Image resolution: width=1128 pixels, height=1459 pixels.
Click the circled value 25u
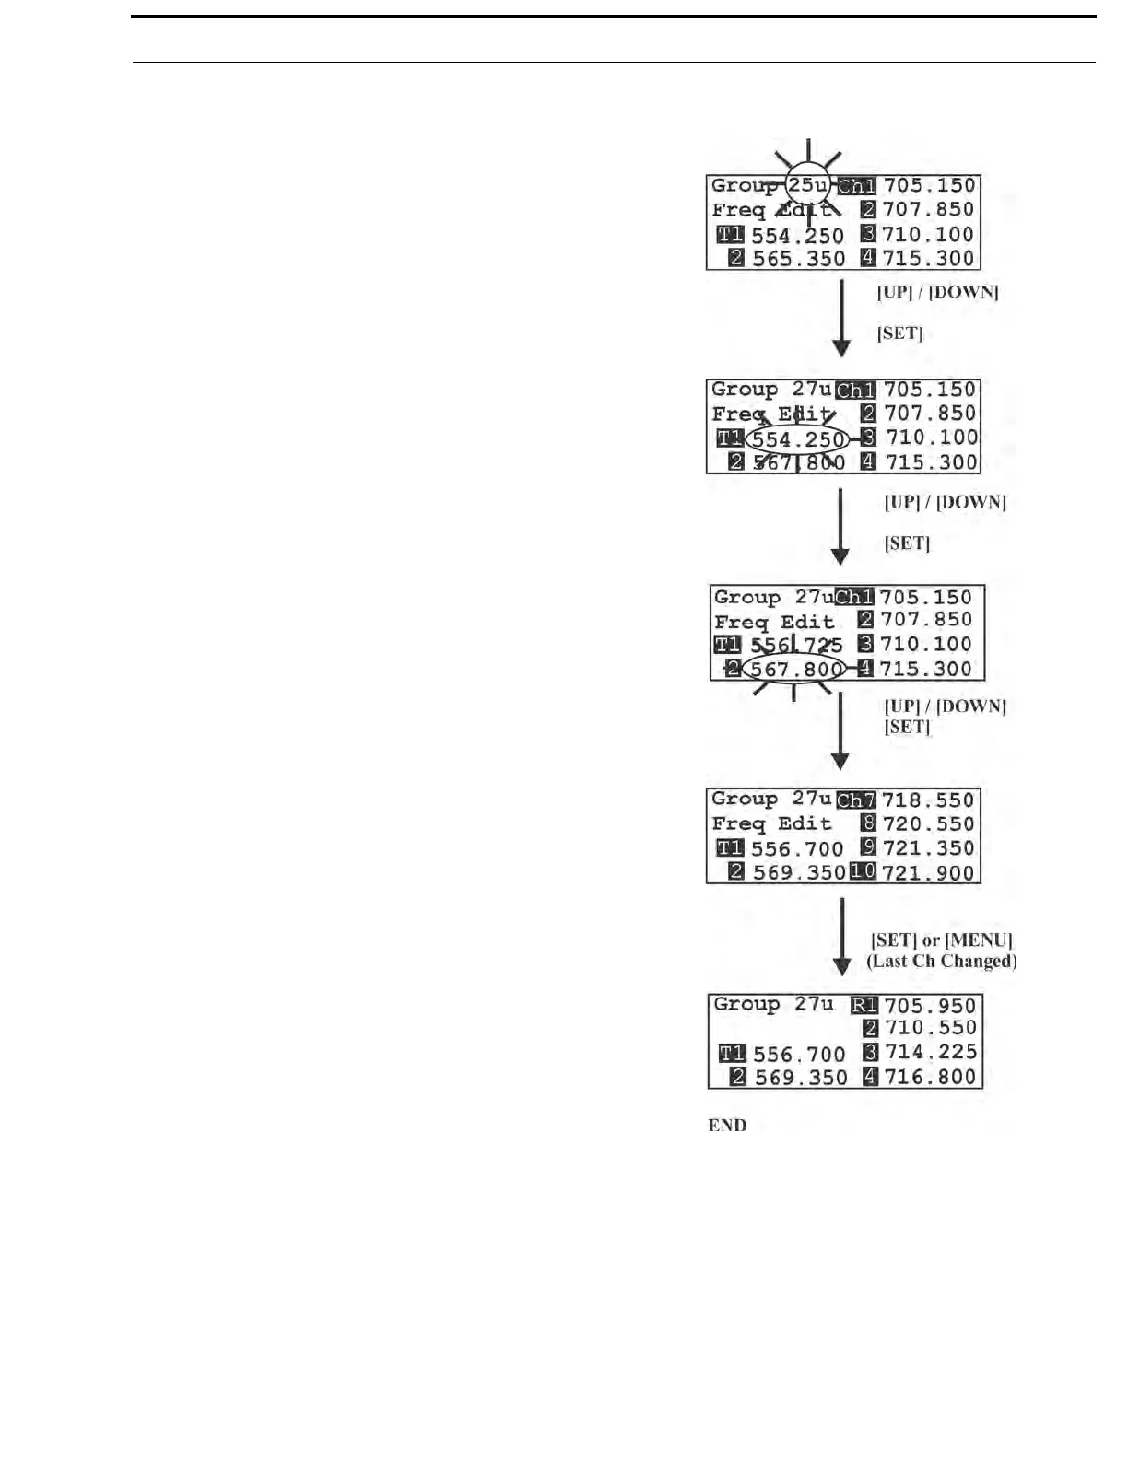807,185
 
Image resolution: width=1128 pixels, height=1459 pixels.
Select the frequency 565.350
798,259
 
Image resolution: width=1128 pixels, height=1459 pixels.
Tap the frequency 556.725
796,645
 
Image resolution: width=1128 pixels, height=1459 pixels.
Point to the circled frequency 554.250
798,439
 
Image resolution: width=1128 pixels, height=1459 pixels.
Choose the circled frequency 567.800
796,670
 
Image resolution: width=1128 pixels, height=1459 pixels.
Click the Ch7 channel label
856,800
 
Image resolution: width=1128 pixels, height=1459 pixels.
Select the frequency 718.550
928,800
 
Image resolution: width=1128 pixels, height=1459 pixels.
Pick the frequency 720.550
928,824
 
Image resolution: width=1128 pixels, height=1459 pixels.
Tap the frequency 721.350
928,848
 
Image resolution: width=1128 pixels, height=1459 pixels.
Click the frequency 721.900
928,872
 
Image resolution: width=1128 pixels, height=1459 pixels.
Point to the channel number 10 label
863,871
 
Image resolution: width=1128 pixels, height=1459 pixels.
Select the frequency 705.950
930,1006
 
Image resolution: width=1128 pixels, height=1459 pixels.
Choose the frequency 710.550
930,1029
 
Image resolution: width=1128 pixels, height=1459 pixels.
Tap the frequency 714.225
930,1053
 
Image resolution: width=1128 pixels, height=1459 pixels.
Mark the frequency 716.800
930,1077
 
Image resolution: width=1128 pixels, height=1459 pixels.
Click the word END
727,1125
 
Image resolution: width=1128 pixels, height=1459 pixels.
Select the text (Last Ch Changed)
942,961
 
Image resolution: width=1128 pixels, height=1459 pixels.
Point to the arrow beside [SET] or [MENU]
841,936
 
